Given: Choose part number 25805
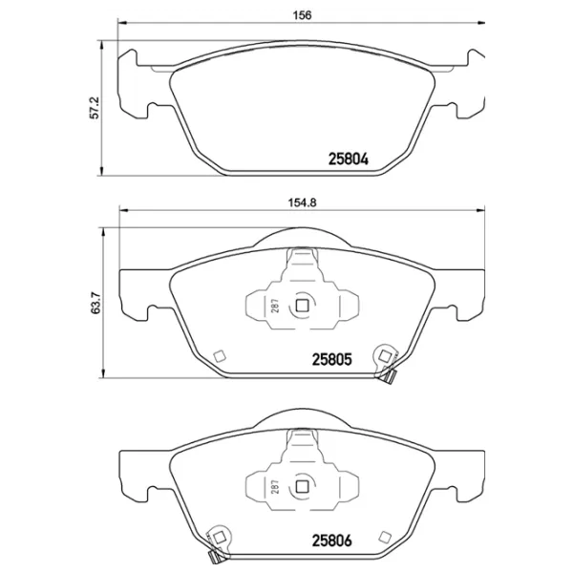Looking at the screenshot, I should (334, 361).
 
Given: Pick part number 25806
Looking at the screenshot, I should (334, 539).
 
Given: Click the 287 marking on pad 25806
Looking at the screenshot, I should (274, 486).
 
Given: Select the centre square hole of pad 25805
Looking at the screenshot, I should (302, 306).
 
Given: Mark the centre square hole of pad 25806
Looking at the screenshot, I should (302, 485).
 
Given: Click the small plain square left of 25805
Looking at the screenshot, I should (219, 357).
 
